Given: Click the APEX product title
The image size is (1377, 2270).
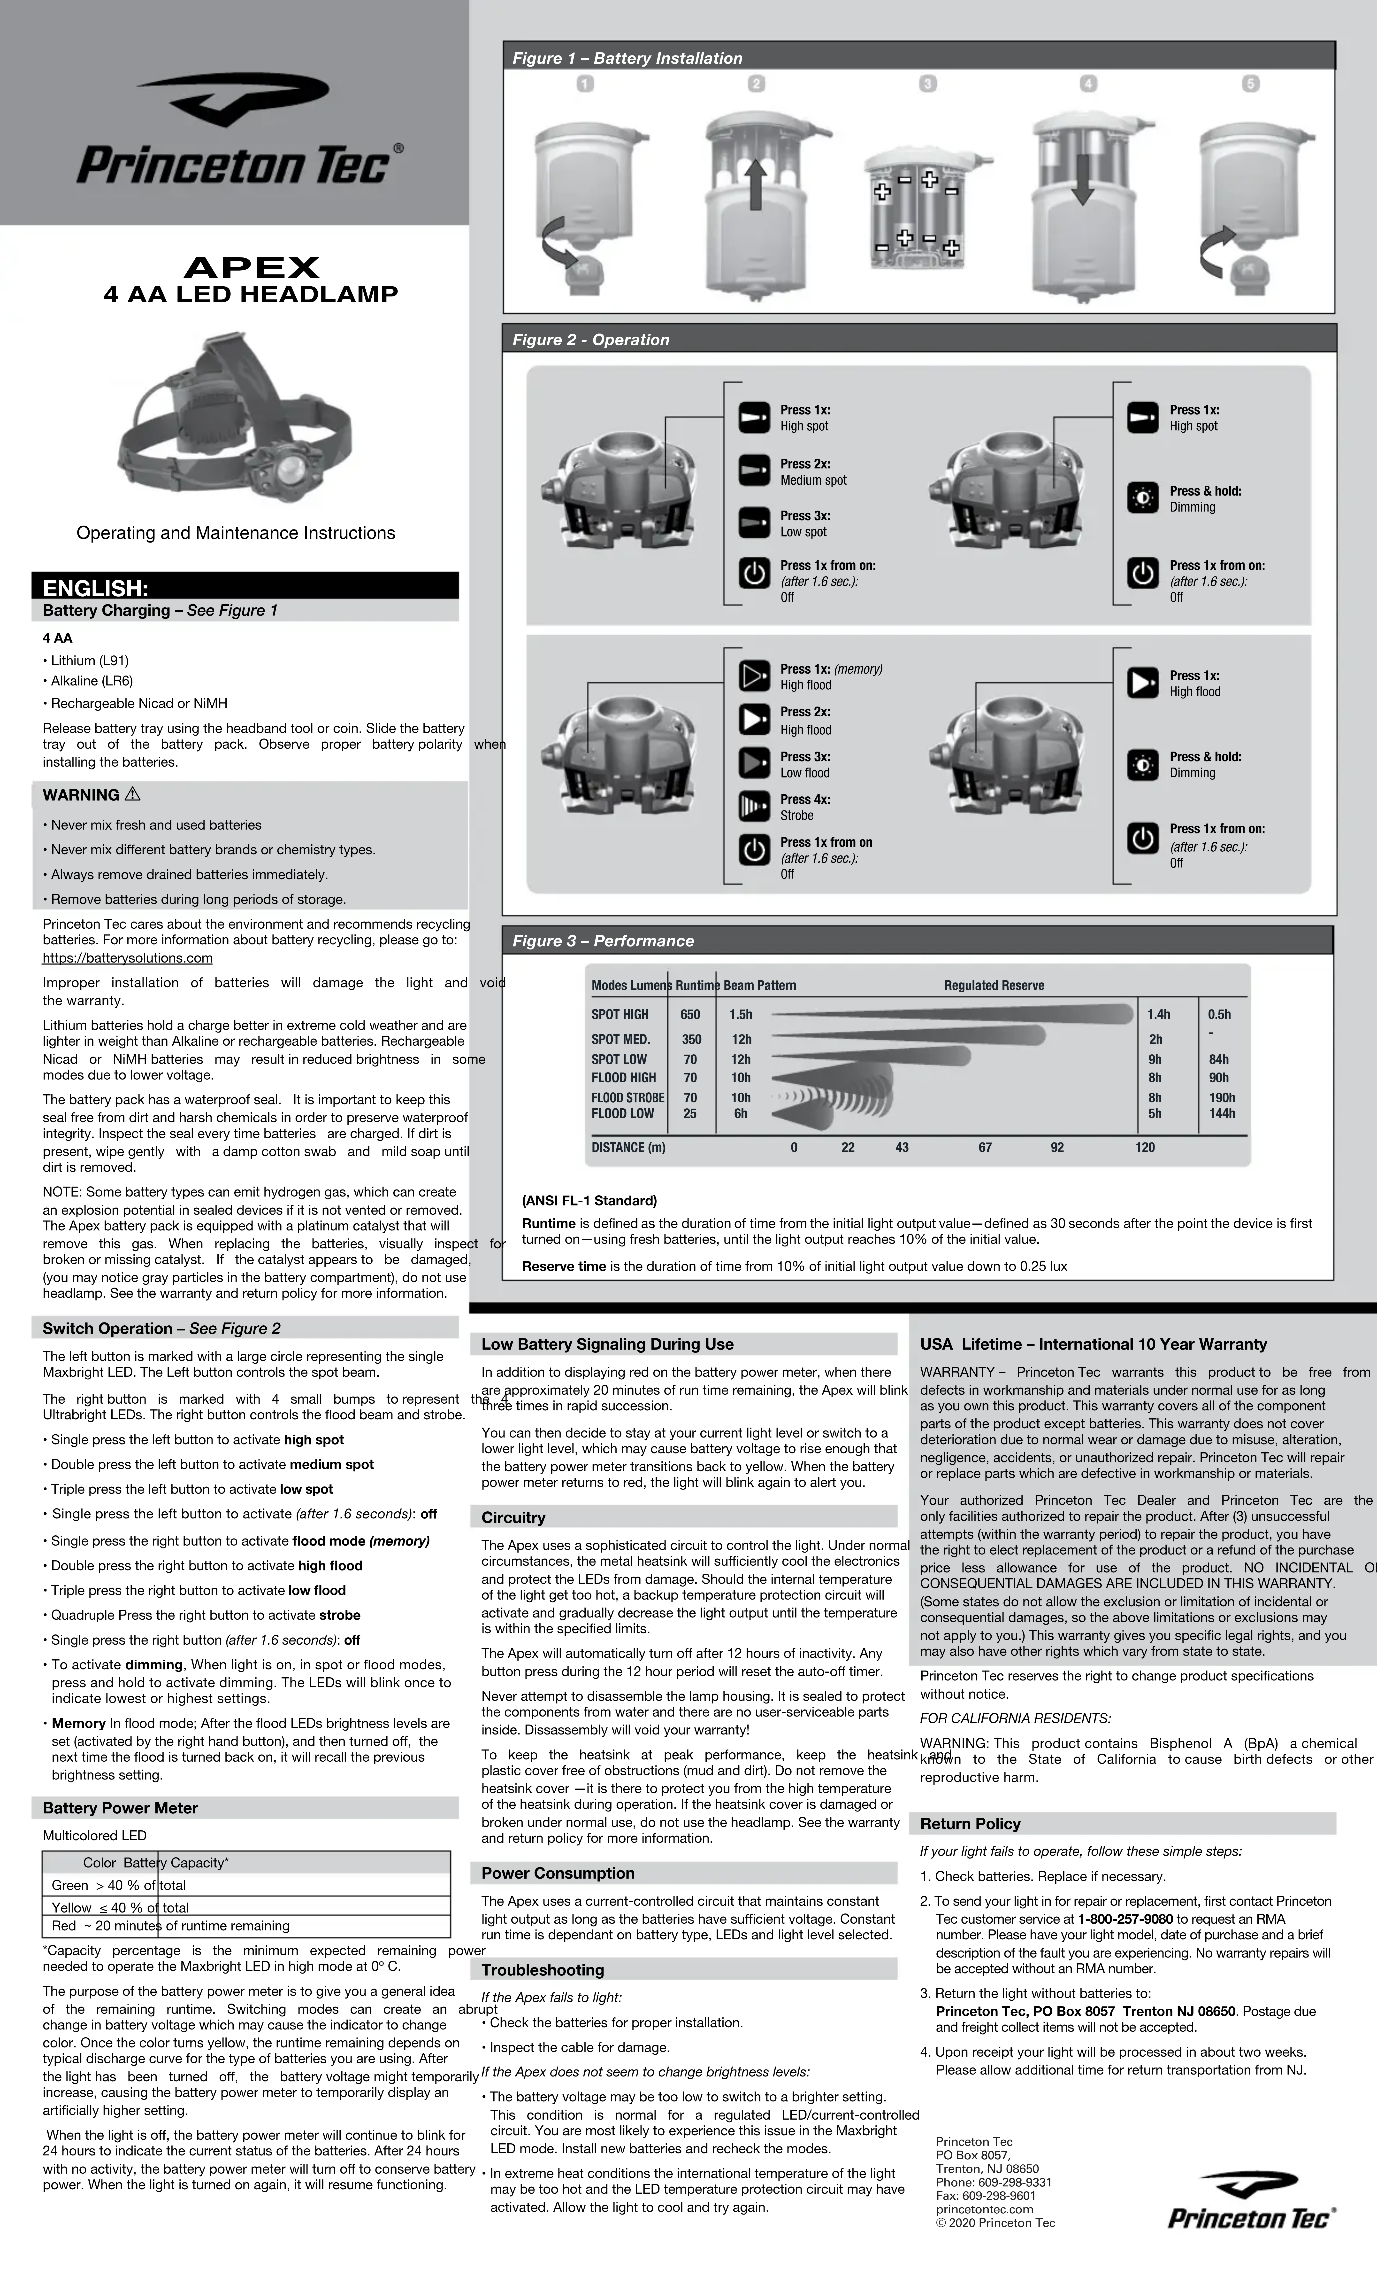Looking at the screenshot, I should click(252, 268).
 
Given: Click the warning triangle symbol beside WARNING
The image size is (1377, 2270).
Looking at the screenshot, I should click(133, 794).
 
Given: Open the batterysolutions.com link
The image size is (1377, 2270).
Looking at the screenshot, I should click(127, 958).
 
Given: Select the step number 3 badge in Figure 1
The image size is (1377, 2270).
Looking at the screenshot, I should click(927, 84).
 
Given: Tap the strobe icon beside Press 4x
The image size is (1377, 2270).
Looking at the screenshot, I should click(754, 807).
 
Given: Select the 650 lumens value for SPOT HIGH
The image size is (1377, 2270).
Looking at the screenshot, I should click(690, 1014).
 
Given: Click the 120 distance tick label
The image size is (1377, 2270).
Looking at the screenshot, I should click(1145, 1147).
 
